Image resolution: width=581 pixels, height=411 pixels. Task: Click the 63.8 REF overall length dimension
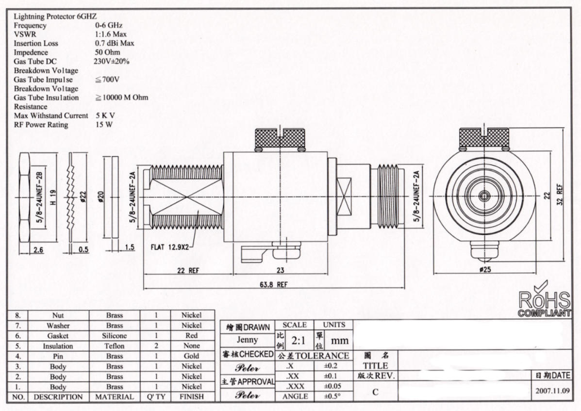tap(275, 284)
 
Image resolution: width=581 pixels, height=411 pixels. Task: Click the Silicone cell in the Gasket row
tap(115, 336)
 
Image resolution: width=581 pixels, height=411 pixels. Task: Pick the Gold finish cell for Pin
tap(191, 356)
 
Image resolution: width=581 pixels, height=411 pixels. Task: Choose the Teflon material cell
tap(115, 346)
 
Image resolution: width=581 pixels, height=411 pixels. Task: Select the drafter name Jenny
tap(248, 340)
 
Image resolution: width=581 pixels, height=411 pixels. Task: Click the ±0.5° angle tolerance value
tap(332, 396)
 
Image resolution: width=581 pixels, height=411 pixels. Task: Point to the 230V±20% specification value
tap(111, 62)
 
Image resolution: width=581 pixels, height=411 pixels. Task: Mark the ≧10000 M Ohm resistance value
tap(121, 98)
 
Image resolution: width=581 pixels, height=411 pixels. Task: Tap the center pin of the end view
tap(484, 196)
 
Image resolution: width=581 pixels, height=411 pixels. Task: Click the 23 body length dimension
tap(280, 271)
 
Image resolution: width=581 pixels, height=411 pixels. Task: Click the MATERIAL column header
tap(115, 396)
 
